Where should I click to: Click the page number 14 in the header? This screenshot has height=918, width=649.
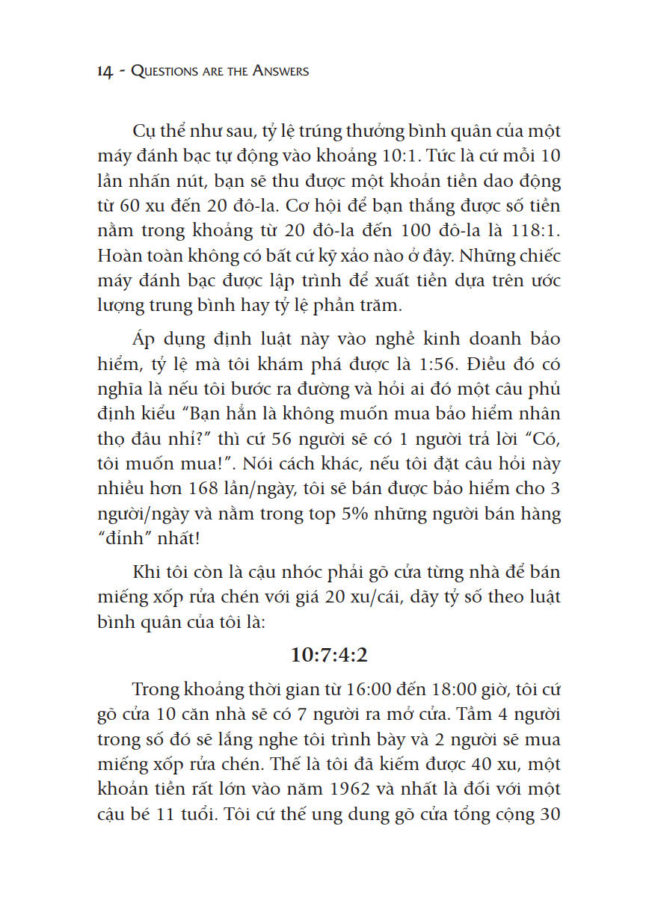pyautogui.click(x=105, y=71)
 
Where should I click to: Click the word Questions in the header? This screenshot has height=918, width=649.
pyautogui.click(x=164, y=71)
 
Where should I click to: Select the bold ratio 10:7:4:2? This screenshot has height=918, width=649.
pyautogui.click(x=330, y=655)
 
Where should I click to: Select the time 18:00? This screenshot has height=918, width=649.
pyautogui.click(x=444, y=688)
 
